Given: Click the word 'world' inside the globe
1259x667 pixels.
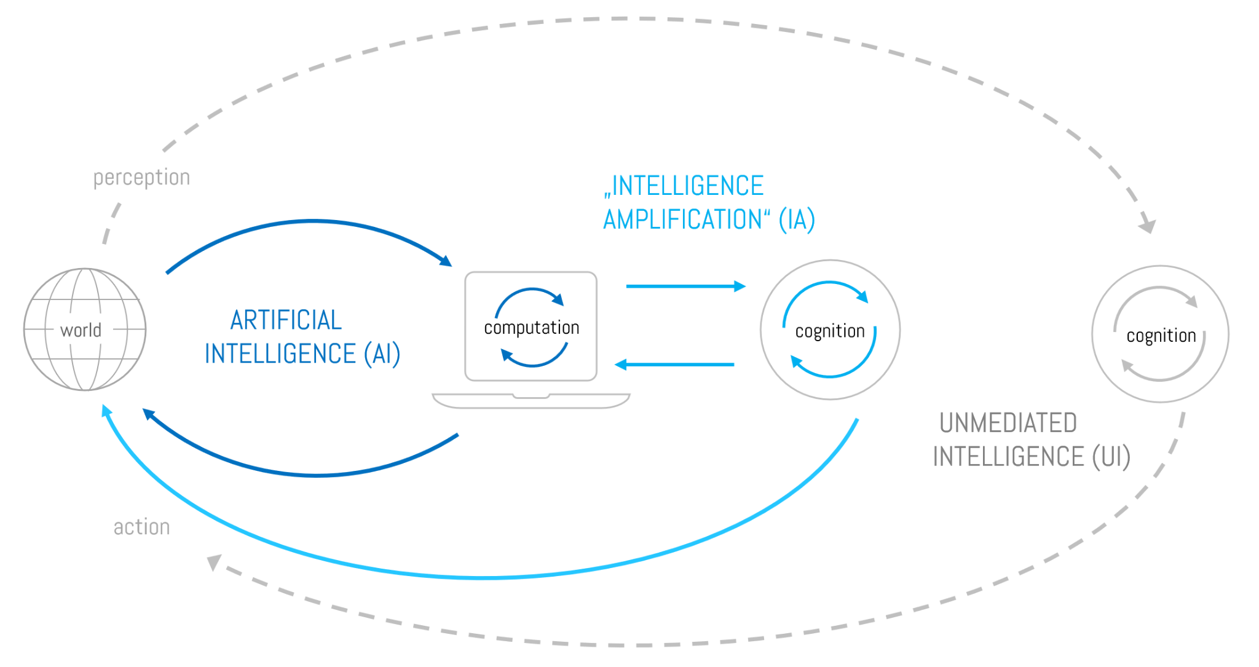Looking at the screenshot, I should point(81,330).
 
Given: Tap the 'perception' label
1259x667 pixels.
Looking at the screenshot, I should point(141,178).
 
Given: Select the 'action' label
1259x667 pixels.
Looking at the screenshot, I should point(141,527).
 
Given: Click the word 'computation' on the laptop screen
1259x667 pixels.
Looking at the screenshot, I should point(531,328).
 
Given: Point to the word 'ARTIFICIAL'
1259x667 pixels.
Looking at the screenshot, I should point(286,320).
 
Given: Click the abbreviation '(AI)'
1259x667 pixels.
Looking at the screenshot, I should point(382,354).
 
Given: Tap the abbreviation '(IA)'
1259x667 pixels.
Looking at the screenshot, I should point(797,219).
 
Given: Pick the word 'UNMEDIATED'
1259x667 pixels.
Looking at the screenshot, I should point(1008,423).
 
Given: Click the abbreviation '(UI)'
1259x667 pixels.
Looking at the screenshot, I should point(1111,457).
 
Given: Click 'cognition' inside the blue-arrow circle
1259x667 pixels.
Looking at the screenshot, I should point(829,331).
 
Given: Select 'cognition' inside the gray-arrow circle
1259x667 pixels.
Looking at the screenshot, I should point(1161,336).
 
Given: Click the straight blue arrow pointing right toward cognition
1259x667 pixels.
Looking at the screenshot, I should point(685,286).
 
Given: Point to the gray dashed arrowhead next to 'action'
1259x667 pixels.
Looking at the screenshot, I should point(215,561).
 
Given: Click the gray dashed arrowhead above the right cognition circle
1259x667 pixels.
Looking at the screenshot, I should point(1147,226).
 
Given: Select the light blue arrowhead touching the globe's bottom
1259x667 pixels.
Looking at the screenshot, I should point(106,411).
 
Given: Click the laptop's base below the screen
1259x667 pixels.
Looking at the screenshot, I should point(531,401).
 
